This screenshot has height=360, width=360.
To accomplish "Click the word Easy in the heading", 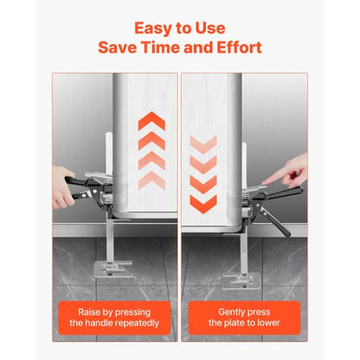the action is (x=151, y=29).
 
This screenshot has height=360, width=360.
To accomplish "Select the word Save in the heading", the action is (x=117, y=48).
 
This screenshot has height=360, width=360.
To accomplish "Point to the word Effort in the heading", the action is (x=240, y=48).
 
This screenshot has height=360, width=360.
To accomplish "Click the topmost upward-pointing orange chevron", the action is (x=151, y=121).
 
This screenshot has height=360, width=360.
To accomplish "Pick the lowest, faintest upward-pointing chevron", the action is (x=151, y=181).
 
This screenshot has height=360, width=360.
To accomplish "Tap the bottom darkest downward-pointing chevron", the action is (x=203, y=204).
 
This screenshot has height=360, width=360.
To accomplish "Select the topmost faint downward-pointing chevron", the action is (x=203, y=145).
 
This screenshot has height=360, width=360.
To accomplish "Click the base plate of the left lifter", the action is (x=113, y=269).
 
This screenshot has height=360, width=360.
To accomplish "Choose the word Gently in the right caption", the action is (x=231, y=312).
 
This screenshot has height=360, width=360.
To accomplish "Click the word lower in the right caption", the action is (x=268, y=323).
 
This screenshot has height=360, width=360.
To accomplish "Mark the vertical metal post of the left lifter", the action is (x=110, y=240).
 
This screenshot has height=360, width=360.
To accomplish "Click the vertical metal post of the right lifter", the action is (x=243, y=254).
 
